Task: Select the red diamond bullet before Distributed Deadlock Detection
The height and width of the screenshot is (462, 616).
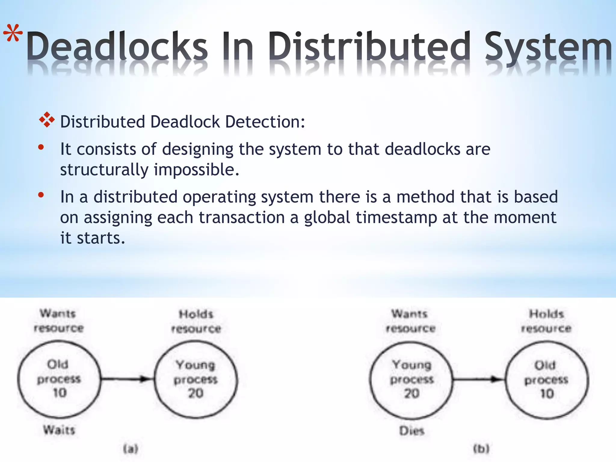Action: [x=47, y=120]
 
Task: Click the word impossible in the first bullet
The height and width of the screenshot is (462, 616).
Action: [x=196, y=170]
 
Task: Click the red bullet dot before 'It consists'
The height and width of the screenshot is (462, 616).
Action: [x=41, y=147]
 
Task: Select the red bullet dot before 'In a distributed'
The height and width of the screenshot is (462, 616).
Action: [x=41, y=195]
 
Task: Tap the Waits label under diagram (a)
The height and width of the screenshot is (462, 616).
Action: [x=59, y=430]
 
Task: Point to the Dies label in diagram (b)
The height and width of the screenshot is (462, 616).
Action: [x=411, y=431]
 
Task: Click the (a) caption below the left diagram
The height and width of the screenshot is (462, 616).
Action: [x=131, y=449]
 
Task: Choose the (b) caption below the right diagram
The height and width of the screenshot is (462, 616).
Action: [x=481, y=449]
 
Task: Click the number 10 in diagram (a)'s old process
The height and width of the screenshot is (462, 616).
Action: [x=60, y=393]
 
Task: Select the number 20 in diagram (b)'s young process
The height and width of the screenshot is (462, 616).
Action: [x=411, y=393]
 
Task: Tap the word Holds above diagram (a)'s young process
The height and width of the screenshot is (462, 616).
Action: [x=196, y=314]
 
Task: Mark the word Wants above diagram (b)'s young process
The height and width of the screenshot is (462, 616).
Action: [x=409, y=314]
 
